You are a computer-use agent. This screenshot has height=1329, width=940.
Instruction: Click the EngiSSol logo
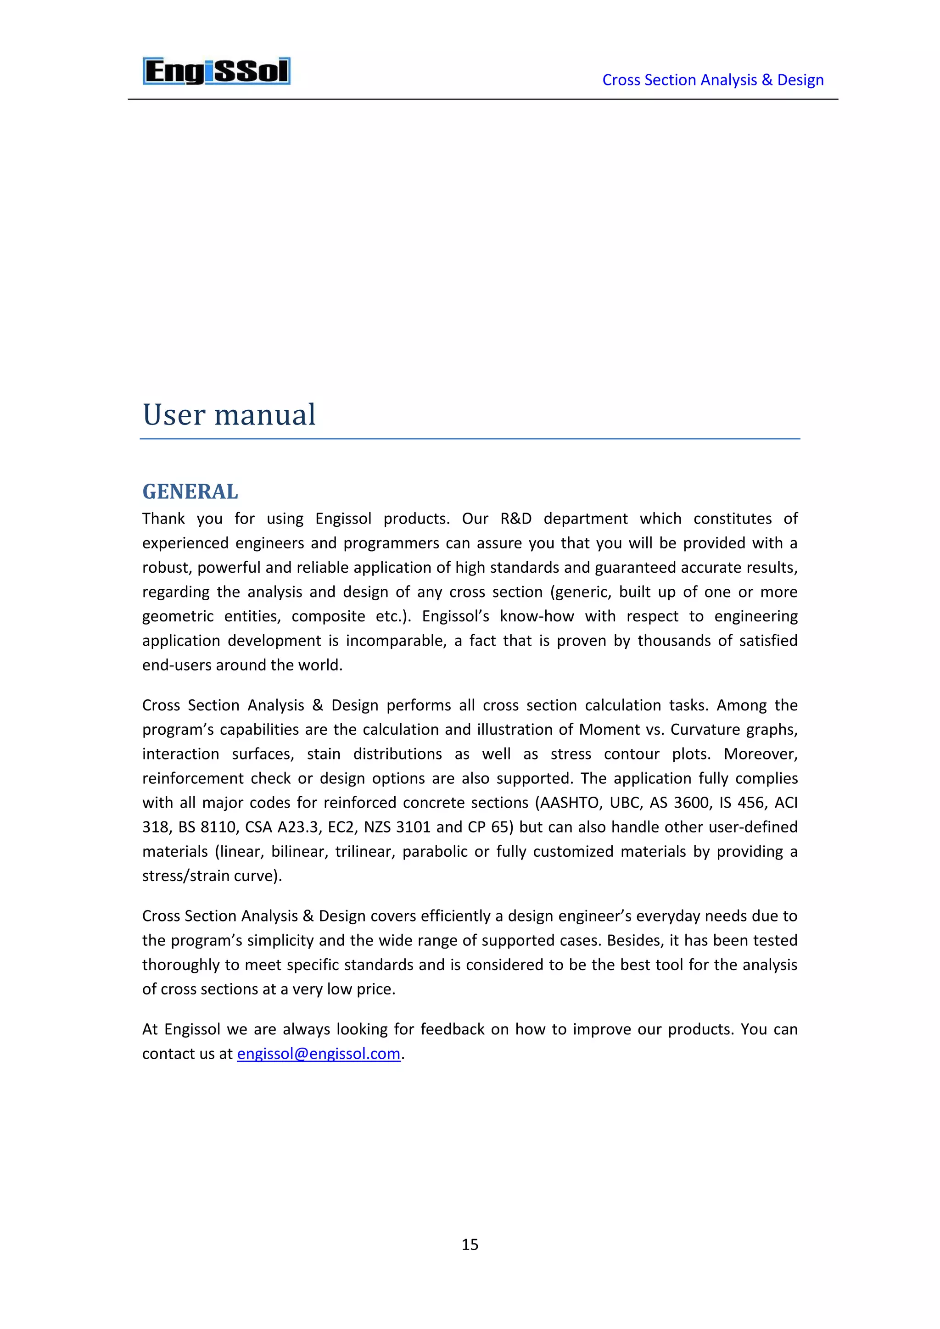217,71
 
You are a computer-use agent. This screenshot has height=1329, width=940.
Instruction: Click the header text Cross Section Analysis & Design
712,80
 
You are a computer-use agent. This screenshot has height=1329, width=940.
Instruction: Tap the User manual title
229,414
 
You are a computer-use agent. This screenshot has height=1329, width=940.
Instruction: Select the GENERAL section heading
190,491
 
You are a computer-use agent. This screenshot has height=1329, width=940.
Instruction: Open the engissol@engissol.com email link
319,1054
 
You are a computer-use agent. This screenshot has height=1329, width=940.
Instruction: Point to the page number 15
470,1244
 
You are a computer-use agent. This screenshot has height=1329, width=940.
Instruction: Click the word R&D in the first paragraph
516,519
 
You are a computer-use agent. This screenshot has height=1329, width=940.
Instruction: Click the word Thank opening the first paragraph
164,519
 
